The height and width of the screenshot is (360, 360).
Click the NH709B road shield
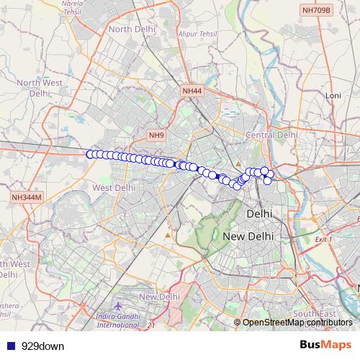316,10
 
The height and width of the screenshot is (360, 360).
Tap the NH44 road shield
192,91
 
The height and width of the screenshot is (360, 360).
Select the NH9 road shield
157,135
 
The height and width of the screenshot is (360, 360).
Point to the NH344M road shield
27,197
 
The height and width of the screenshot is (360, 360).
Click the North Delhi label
130,29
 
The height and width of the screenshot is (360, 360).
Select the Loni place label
333,95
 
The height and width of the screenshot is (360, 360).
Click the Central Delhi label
271,135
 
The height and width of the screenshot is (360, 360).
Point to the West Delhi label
114,187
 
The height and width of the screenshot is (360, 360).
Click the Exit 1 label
325,239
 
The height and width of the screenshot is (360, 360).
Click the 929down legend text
42,346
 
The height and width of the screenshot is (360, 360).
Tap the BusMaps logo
326,345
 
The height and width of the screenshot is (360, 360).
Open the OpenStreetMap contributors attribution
297,323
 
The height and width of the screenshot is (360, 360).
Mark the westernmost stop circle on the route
90,154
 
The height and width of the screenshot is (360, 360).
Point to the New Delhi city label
248,236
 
